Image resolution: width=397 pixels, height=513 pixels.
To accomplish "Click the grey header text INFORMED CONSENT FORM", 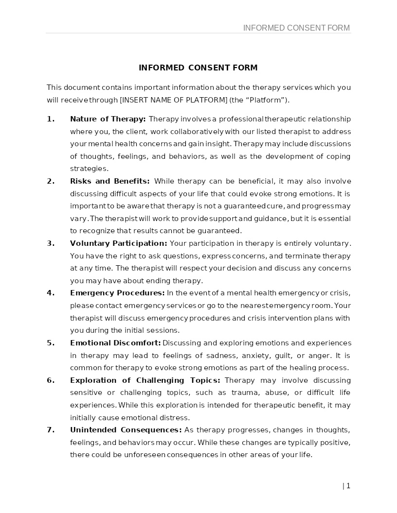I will tap(296, 28).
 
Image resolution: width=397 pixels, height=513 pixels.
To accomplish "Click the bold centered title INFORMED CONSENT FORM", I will tap(198, 68).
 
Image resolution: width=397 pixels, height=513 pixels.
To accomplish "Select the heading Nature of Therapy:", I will tap(108, 119).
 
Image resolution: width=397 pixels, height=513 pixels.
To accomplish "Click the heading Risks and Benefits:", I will tap(109, 181).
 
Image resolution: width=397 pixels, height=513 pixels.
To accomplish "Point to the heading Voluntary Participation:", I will tap(118, 243).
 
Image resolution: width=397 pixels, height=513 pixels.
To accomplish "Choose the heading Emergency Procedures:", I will tap(117, 293).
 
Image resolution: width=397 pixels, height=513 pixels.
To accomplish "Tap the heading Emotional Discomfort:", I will tap(115, 343).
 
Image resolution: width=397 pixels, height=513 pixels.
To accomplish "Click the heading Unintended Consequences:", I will tap(126, 430).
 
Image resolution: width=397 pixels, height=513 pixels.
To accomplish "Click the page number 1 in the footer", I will tap(348, 486).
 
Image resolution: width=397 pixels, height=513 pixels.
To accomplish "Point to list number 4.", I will tap(51, 293).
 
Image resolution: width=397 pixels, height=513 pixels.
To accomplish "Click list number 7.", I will tap(51, 430).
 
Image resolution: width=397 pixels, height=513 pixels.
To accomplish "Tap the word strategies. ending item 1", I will tap(89, 169).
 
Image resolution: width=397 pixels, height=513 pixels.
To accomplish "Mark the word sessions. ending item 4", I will tap(164, 330).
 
